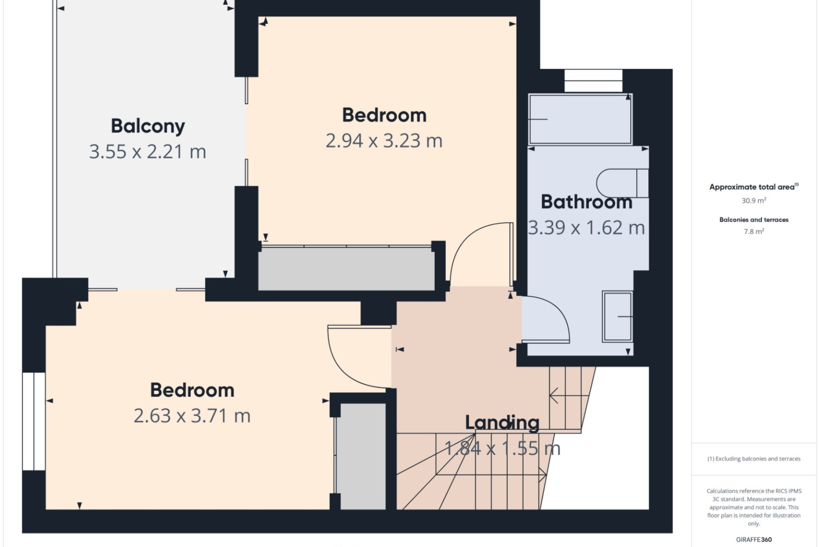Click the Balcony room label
(x=148, y=126)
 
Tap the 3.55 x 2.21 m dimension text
(x=148, y=152)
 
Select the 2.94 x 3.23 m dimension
(x=384, y=141)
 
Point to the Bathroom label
(x=586, y=202)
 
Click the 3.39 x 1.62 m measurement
(x=586, y=228)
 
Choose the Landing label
(x=502, y=423)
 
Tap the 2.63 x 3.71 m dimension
(x=192, y=416)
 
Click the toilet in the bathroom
(x=622, y=183)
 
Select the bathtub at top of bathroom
(x=580, y=119)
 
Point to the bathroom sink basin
(x=617, y=317)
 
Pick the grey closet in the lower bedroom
(x=363, y=456)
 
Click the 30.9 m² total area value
(x=754, y=200)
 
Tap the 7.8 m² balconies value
(x=754, y=232)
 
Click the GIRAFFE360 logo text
(x=754, y=540)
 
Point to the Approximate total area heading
(x=754, y=187)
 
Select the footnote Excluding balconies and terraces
(x=754, y=459)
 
